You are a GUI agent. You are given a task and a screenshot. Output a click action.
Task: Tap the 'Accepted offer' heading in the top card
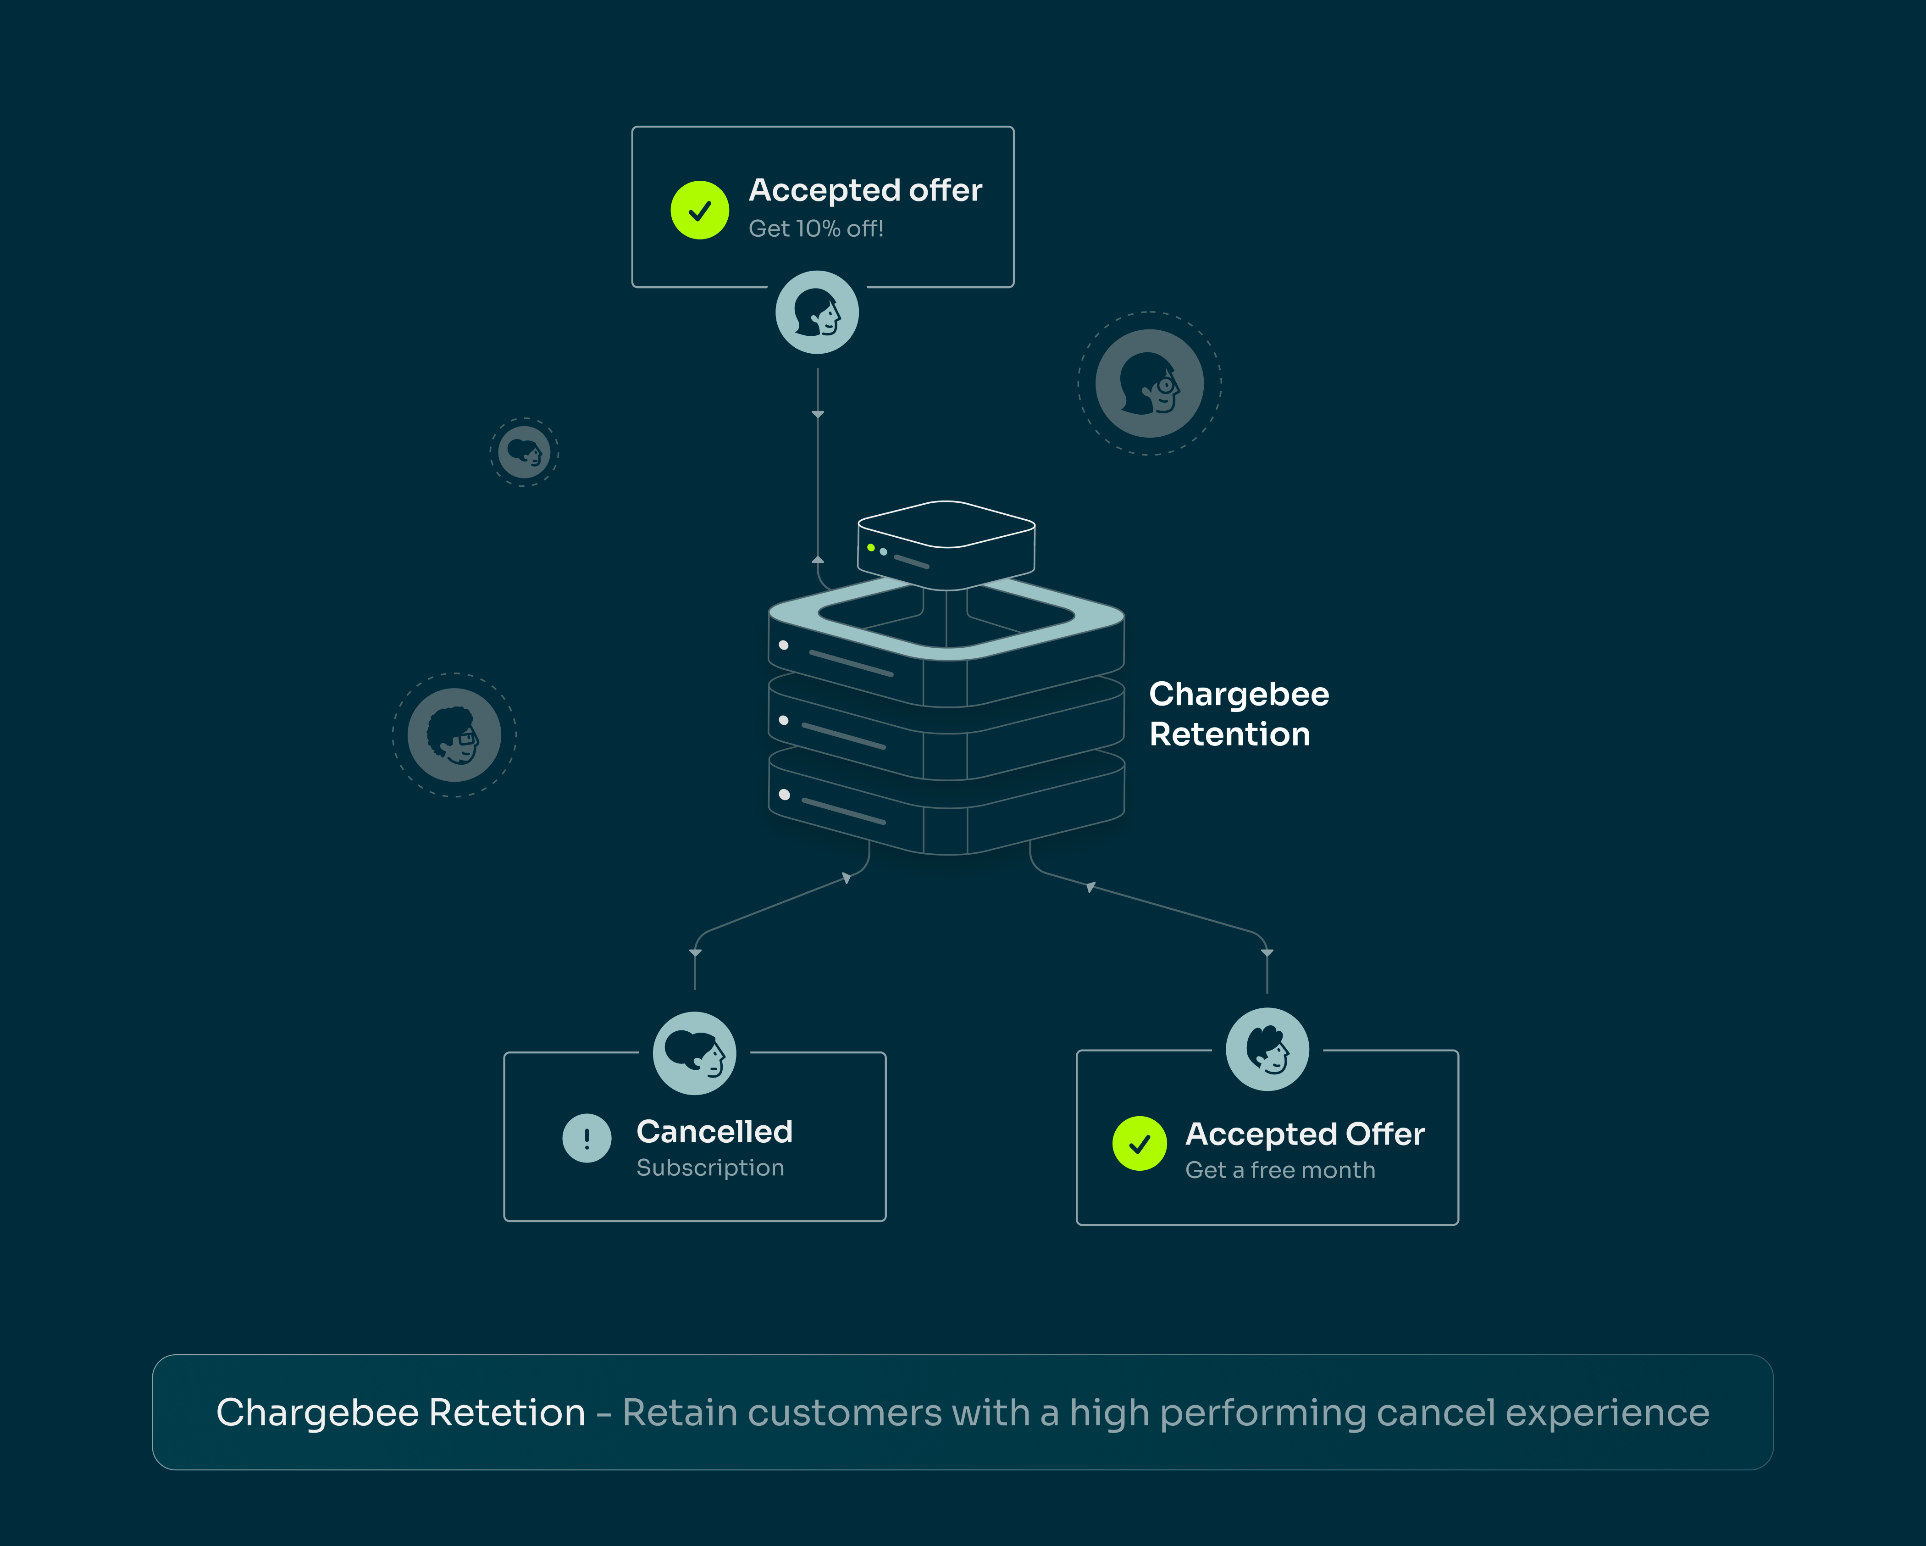point(865,190)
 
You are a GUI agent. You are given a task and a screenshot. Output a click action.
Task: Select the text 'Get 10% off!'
point(816,229)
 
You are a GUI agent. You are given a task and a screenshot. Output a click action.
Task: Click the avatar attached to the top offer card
point(817,313)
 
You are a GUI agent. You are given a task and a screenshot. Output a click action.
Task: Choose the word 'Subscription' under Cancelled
point(710,1168)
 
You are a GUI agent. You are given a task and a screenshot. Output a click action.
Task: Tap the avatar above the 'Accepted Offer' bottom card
point(1267,1049)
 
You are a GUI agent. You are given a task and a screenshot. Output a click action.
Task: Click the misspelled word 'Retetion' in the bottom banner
point(507,1413)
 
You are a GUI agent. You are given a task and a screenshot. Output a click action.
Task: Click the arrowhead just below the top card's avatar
point(817,415)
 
